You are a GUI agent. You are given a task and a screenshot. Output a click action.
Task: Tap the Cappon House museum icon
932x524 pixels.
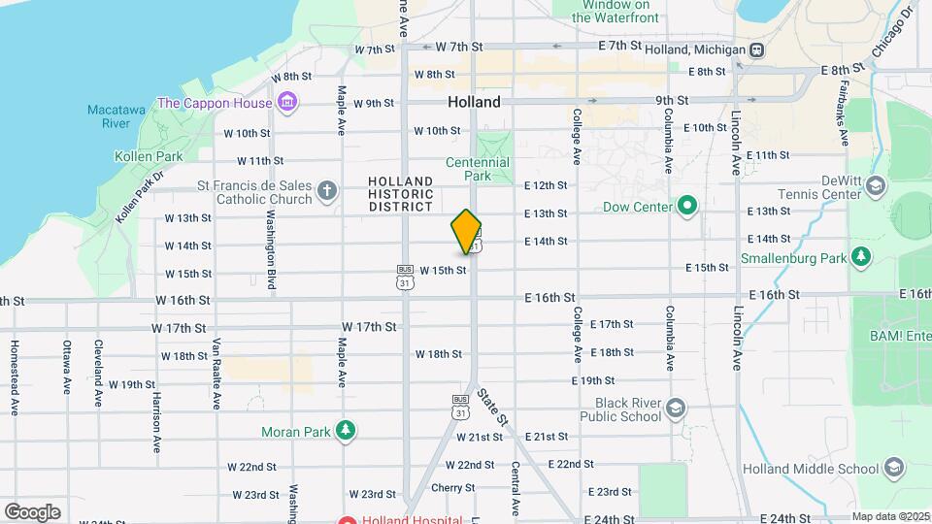[286, 102]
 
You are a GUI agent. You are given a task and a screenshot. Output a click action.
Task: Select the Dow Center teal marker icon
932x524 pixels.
[688, 206]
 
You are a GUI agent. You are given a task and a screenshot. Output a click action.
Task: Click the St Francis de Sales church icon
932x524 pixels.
[328, 191]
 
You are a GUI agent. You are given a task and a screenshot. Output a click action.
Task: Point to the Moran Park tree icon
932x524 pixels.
[345, 431]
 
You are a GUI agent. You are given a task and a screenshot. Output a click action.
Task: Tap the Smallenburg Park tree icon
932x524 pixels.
[860, 257]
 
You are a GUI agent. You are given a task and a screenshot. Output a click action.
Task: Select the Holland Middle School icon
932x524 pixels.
[893, 469]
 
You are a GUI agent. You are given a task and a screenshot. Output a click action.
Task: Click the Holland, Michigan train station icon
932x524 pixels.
[756, 49]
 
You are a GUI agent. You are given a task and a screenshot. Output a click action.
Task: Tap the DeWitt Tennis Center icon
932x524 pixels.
[877, 186]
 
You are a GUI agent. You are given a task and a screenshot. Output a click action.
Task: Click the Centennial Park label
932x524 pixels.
[478, 169]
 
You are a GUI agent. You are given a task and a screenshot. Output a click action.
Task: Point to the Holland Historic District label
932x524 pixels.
[400, 194]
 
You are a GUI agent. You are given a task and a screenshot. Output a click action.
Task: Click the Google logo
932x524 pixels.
[32, 511]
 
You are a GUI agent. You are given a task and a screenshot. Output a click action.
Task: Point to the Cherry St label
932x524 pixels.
[452, 487]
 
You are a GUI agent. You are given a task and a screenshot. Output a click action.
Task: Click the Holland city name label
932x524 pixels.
[474, 102]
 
